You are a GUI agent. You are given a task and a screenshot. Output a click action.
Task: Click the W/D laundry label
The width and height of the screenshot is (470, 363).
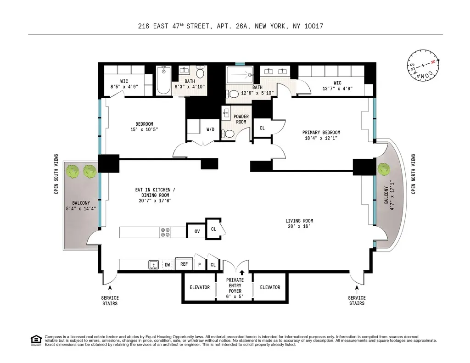210,129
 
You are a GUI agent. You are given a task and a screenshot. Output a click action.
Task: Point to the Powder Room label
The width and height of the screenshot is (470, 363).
241,119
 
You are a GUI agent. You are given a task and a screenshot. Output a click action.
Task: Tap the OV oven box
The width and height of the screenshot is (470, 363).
196,231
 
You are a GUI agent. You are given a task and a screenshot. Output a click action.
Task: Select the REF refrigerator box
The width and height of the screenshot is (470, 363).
184,264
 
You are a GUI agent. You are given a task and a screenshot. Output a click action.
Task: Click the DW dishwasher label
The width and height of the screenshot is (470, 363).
167,264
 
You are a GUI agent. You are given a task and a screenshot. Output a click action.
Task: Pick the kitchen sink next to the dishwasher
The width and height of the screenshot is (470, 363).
153,264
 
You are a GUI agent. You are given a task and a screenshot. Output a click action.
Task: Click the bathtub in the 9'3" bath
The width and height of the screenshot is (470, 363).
163,81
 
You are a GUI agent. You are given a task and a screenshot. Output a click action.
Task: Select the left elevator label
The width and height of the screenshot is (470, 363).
200,287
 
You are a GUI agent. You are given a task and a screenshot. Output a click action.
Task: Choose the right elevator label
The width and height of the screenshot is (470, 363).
270,287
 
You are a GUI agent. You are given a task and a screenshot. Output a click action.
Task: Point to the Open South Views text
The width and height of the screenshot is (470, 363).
56,174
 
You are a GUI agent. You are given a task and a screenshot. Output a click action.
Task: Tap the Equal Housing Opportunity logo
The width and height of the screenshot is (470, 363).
35,340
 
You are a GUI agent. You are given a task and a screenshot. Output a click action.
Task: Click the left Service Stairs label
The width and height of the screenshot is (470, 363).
110,301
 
